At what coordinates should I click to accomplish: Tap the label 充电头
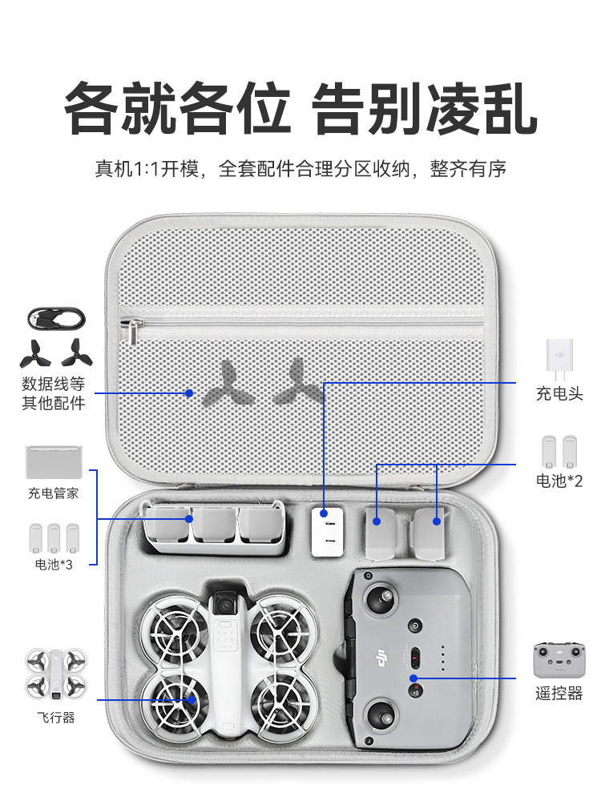click(x=559, y=394)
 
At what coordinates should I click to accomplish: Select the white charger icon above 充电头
click(x=559, y=357)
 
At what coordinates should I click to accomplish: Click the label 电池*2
click(x=559, y=481)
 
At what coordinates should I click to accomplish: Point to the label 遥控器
click(x=559, y=693)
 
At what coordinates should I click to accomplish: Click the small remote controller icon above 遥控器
click(x=559, y=661)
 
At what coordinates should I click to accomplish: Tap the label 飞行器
click(x=54, y=717)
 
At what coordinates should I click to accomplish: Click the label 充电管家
click(x=54, y=493)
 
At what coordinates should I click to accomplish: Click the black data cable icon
click(x=54, y=318)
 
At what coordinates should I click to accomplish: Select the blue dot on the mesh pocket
click(x=189, y=392)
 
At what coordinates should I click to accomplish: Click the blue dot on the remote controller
click(x=415, y=679)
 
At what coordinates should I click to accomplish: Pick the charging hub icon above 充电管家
click(x=54, y=463)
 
